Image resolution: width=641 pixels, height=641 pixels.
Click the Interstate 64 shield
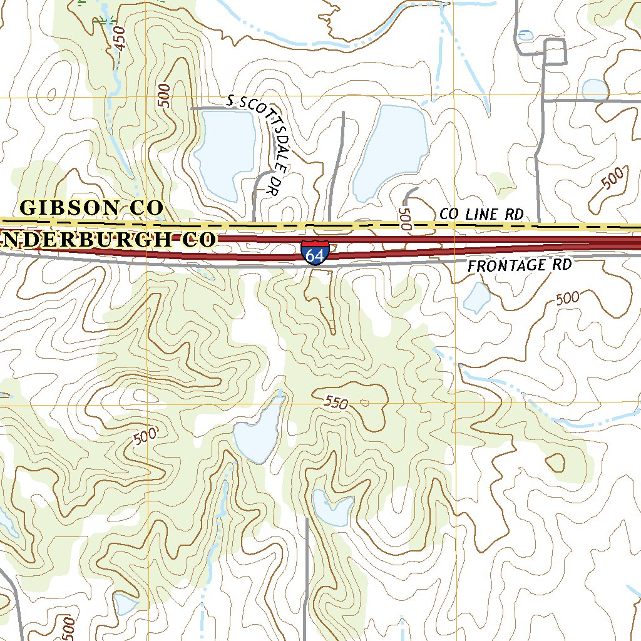315,253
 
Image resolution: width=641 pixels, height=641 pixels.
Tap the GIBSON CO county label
91,208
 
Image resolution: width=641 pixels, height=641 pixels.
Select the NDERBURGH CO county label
108,239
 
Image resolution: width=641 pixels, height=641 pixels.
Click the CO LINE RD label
481,214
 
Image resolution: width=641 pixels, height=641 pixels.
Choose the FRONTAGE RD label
520,265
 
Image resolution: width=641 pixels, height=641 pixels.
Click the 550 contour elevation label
337,403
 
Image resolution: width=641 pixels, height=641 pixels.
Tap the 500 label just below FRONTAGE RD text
567,299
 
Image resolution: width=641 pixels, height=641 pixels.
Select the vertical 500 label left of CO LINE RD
404,220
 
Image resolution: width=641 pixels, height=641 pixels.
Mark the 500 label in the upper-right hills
613,179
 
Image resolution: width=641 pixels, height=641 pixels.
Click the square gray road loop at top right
555,51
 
